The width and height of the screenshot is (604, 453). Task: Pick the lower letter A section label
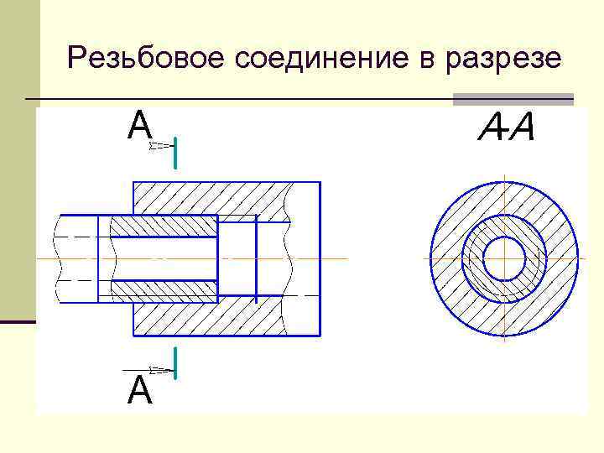tap(139, 391)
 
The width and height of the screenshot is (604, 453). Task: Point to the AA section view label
tap(506, 128)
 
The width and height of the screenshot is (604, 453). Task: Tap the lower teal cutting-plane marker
tap(175, 362)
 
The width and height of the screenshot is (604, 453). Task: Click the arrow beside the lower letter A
tap(147, 369)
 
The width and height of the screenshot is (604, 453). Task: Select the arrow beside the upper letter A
tap(159, 146)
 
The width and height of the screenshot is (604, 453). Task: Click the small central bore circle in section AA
tap(504, 258)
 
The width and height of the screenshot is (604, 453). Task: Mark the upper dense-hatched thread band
tap(164, 226)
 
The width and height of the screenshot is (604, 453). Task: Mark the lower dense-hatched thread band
tap(164, 291)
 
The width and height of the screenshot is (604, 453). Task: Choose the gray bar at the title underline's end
tap(513, 100)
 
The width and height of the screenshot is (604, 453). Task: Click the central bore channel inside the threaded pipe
tap(159, 258)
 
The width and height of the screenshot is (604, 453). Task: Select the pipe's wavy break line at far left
tap(59, 258)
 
